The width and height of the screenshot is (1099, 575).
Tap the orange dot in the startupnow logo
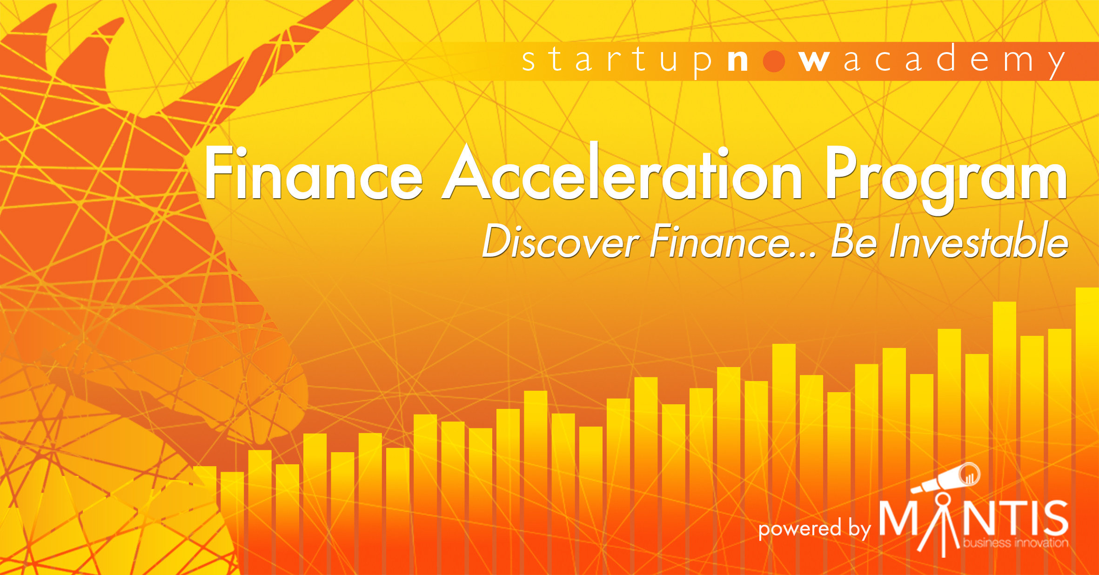[x=774, y=61]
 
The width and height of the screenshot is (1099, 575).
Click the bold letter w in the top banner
[x=814, y=61]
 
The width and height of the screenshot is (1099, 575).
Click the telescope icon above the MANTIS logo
[x=945, y=479]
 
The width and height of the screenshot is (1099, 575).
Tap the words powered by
[x=814, y=529]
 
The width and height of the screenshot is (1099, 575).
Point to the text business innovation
[x=1016, y=542]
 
